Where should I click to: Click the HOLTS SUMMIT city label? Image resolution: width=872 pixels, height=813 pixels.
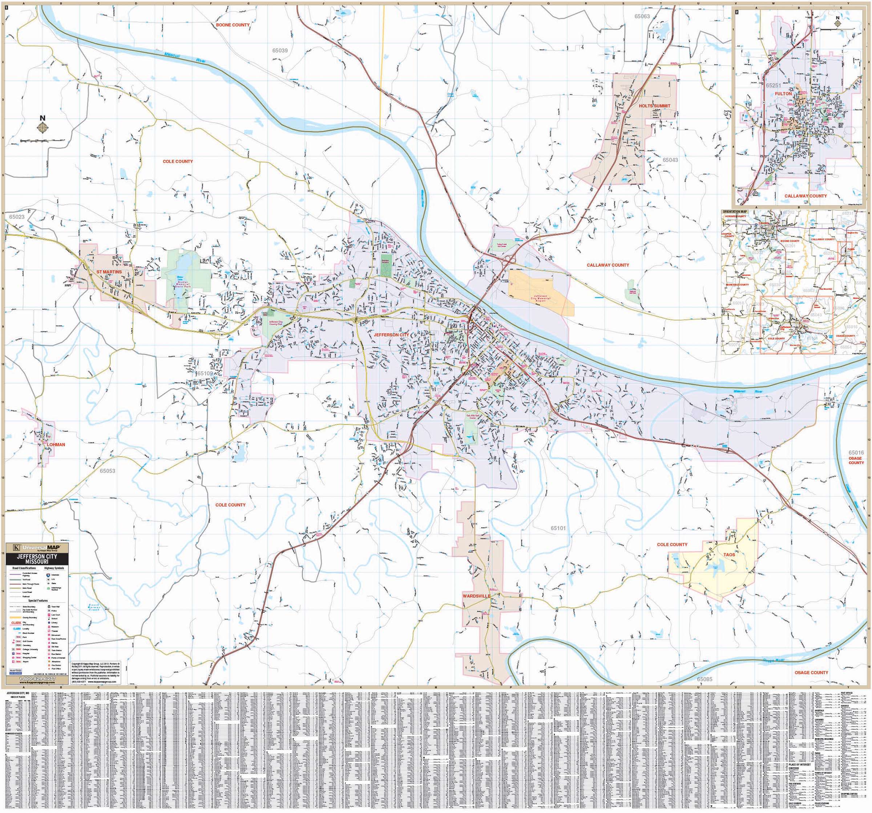click(654, 106)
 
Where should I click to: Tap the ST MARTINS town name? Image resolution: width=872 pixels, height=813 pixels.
click(109, 272)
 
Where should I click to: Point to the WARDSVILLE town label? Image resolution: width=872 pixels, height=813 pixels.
click(476, 596)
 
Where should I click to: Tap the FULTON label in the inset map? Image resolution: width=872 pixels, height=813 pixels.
click(783, 94)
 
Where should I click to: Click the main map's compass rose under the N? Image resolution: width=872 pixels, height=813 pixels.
click(43, 127)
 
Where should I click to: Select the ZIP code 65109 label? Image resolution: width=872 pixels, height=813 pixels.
click(205, 373)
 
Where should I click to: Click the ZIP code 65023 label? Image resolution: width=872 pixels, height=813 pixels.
click(16, 217)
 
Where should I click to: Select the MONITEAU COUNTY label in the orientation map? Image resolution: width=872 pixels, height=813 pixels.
click(737, 285)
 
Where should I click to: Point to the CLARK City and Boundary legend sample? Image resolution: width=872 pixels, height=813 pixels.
click(16, 623)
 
